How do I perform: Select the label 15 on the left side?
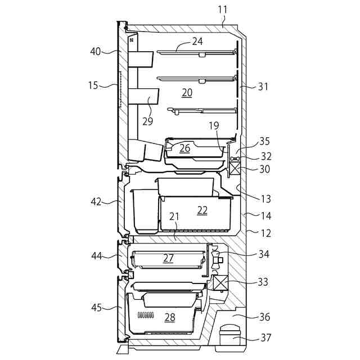(93, 85)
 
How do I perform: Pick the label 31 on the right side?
(263, 87)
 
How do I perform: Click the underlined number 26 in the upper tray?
(184, 148)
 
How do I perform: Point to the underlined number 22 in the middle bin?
(202, 210)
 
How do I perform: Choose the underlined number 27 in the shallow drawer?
(168, 258)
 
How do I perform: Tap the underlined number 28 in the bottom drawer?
(170, 317)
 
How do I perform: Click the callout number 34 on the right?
(263, 254)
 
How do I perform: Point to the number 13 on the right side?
(265, 199)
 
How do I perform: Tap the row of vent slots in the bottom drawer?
(146, 315)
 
